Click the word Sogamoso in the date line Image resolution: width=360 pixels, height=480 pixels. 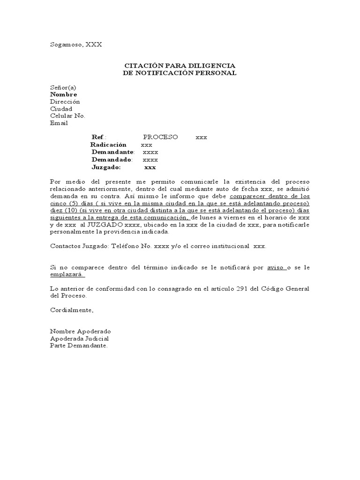66,45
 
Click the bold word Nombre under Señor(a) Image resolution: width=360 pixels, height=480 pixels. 63,94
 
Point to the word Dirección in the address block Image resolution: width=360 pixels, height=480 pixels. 65,101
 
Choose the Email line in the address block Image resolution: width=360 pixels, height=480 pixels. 59,123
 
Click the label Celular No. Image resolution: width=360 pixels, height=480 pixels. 67,116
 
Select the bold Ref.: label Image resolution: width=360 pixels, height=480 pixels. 99,137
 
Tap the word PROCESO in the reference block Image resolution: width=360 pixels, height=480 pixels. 160,137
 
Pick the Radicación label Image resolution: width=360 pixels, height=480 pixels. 108,145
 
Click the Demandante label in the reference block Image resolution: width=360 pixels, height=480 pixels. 113,152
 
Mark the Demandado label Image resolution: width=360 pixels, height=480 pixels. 112,160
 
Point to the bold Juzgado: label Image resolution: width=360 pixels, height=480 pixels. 106,167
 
